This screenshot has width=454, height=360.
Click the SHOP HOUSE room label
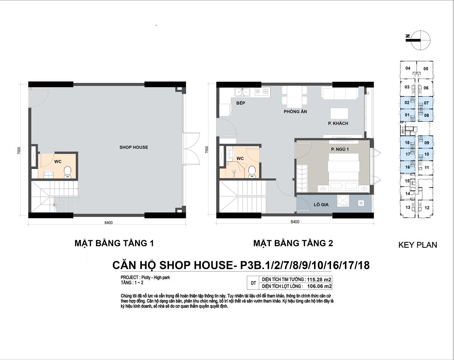pyautogui.click(x=134, y=147)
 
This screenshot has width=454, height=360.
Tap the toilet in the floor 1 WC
pyautogui.click(x=67, y=172)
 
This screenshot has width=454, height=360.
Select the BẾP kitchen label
pyautogui.click(x=241, y=103)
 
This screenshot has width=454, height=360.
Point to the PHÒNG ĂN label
pyautogui.click(x=295, y=112)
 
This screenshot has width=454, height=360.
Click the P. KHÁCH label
pyautogui.click(x=338, y=123)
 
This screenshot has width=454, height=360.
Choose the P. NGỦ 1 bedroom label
pyautogui.click(x=340, y=149)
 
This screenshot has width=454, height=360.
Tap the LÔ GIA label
pyautogui.click(x=321, y=205)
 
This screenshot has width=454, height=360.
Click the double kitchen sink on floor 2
pyautogui.click(x=242, y=92)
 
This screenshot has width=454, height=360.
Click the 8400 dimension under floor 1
pyautogui.click(x=109, y=223)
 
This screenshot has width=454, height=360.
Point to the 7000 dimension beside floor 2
pyautogui.click(x=207, y=150)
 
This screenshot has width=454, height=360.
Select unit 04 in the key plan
pyautogui.click(x=408, y=68)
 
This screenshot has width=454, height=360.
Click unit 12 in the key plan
pyautogui.click(x=427, y=208)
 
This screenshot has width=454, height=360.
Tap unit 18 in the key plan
pyautogui.click(x=407, y=143)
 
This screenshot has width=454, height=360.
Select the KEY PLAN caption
pyautogui.click(x=418, y=245)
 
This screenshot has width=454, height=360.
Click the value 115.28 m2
pyautogui.click(x=319, y=279)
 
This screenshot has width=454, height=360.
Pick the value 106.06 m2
pyautogui.click(x=319, y=286)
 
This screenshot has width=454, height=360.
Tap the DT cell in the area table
pyautogui.click(x=253, y=283)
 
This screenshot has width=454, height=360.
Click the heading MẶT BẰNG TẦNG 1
pyautogui.click(x=114, y=243)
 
